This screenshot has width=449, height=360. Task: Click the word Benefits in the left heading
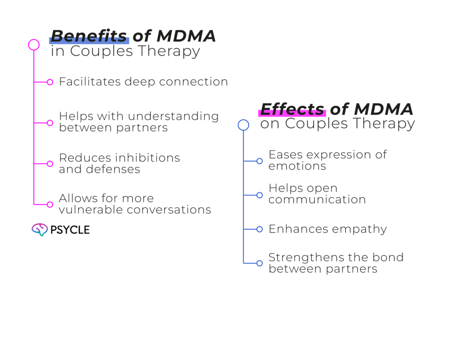(x=89, y=36)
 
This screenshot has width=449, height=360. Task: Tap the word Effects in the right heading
(x=292, y=109)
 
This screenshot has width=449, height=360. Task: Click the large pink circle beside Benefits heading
(x=34, y=44)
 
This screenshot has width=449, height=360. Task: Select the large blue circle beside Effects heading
(x=243, y=125)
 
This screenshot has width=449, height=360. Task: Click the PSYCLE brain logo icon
(x=39, y=229)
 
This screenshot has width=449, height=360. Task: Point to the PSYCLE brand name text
(x=70, y=230)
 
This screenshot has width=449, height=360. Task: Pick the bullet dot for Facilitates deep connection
(x=50, y=82)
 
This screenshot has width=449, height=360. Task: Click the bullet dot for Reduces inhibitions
(x=50, y=164)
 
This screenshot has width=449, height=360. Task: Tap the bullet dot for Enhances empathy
(x=260, y=229)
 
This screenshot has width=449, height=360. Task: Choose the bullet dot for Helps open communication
(x=260, y=195)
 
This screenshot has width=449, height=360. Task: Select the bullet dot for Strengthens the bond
(x=260, y=263)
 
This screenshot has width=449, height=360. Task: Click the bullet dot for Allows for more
(x=50, y=204)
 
